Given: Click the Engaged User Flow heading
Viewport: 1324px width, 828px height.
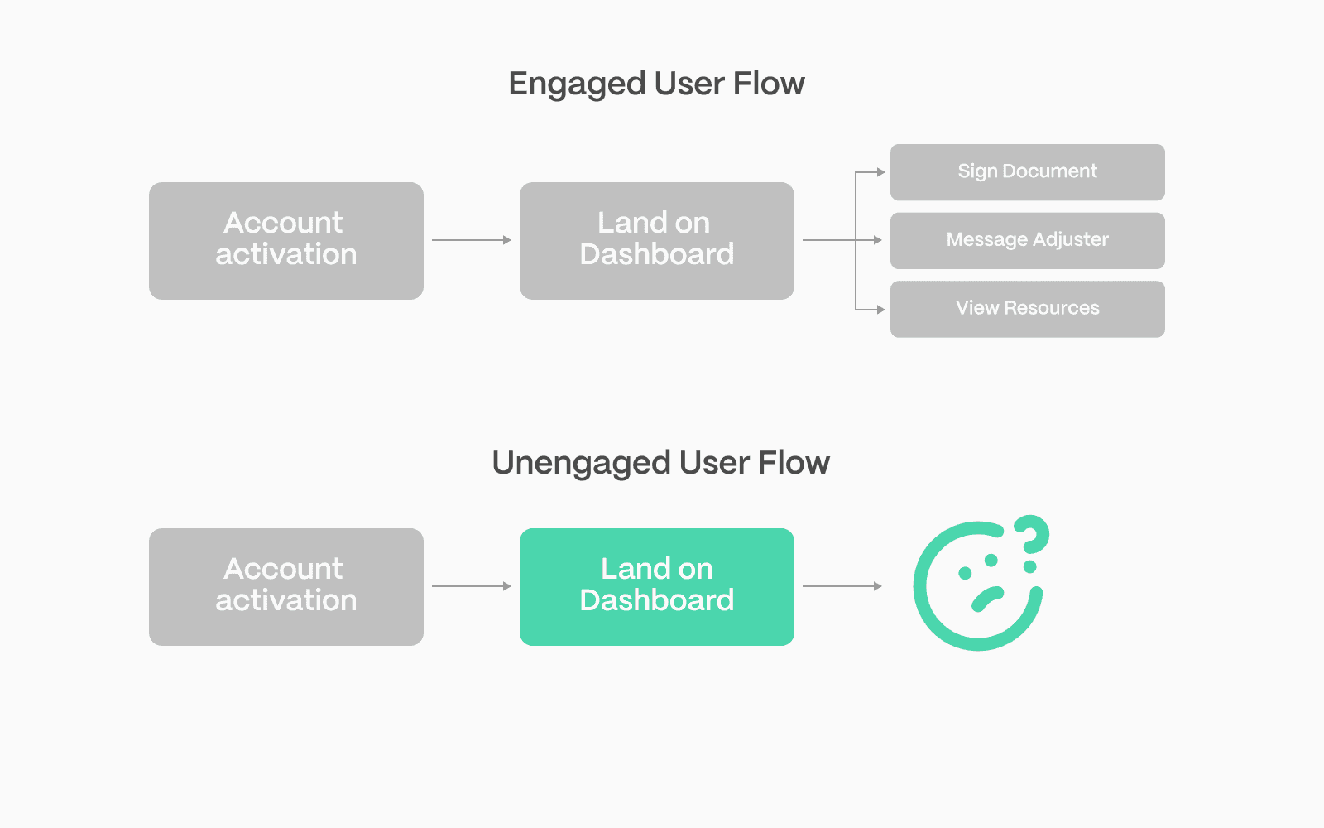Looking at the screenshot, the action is click(656, 84).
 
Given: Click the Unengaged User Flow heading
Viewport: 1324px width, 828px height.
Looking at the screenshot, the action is click(661, 463).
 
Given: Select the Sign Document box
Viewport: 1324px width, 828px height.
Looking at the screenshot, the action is click(1027, 172).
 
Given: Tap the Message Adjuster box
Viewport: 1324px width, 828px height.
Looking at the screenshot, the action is click(1027, 240).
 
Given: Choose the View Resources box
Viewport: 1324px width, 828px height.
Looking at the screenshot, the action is click(1027, 309).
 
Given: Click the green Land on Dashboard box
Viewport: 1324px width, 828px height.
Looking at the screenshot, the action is click(657, 587).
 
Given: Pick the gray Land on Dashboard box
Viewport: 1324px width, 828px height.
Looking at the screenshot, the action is click(657, 241).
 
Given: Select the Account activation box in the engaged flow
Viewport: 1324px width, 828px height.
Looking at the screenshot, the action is click(286, 241).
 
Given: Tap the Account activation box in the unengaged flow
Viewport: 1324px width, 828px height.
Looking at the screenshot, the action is click(286, 587).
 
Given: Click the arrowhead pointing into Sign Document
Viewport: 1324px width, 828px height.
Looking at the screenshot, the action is click(880, 172).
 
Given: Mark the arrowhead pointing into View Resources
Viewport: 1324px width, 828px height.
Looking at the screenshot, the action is click(880, 310).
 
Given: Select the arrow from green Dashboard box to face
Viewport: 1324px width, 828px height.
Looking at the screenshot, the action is click(842, 586).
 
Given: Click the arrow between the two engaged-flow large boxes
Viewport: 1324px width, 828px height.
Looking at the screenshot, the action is click(472, 240).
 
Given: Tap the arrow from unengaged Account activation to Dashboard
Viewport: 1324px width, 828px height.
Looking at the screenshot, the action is click(472, 586).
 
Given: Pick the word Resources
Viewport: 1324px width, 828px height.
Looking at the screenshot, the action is click(1052, 307).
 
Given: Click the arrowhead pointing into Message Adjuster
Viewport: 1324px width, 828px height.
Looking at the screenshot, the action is click(878, 240).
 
